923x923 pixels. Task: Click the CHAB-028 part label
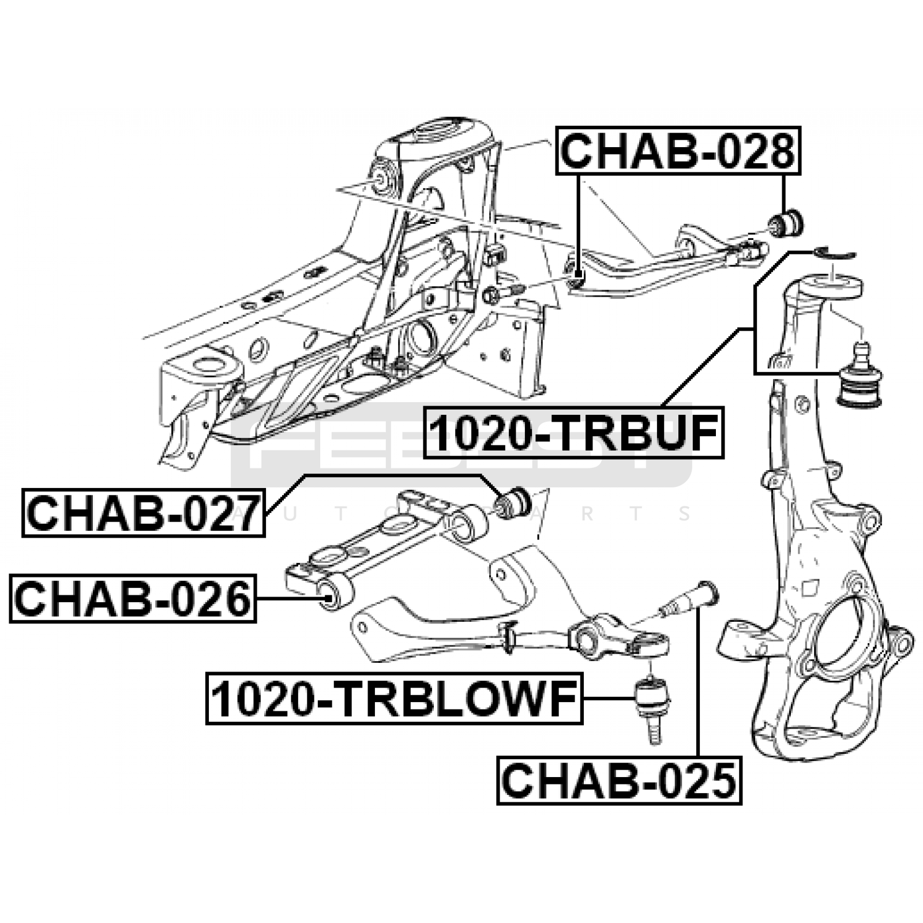(x=678, y=151)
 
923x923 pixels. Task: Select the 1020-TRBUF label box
(x=573, y=433)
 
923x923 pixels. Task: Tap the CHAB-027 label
(x=143, y=513)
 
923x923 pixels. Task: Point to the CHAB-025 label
(x=619, y=781)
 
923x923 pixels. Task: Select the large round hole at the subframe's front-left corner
(x=209, y=365)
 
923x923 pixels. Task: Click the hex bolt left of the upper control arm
(x=493, y=295)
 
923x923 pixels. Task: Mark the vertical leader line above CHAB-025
(x=699, y=686)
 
